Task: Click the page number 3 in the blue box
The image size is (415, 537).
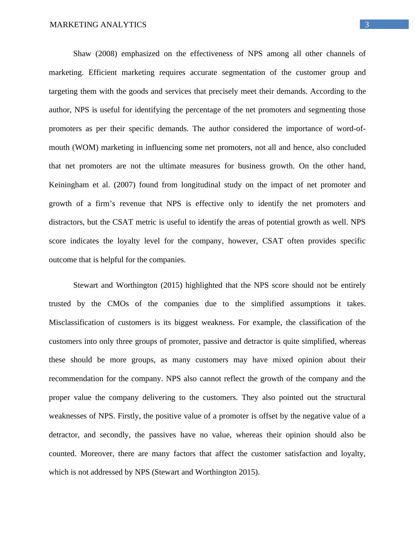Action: pyautogui.click(x=367, y=25)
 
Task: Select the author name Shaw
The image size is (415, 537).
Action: pyautogui.click(x=82, y=54)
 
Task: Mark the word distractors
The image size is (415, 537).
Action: pyautogui.click(x=66, y=222)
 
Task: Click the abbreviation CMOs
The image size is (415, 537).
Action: pyautogui.click(x=118, y=304)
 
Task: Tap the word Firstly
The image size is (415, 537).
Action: pyautogui.click(x=129, y=416)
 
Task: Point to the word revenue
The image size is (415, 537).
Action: pyautogui.click(x=131, y=204)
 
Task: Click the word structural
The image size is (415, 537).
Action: pyautogui.click(x=350, y=398)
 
